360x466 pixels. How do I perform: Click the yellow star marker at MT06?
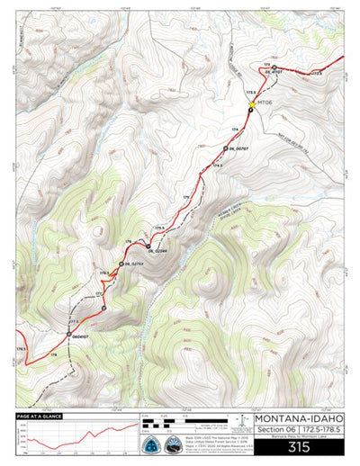(x=252, y=104)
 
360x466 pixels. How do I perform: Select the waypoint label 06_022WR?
(x=158, y=250)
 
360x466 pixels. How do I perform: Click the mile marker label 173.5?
(x=251, y=92)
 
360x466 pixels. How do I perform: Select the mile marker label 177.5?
(x=74, y=320)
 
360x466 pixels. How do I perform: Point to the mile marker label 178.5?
(x=20, y=347)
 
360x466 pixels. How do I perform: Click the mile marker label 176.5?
(x=104, y=273)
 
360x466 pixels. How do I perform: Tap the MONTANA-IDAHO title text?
(x=298, y=418)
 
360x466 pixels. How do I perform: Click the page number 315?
(x=298, y=446)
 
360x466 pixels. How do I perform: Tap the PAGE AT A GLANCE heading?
(x=40, y=417)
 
